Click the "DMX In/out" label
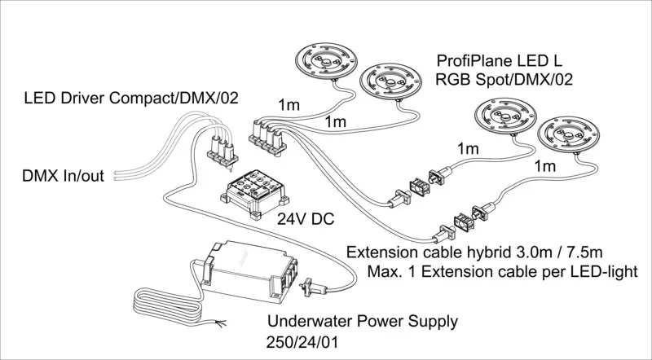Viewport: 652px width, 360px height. pyautogui.click(x=63, y=176)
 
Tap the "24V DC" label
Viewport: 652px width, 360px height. pyautogui.click(x=306, y=218)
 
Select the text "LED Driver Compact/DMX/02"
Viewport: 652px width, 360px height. pyautogui.click(x=131, y=98)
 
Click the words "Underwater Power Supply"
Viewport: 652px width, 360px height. pyautogui.click(x=362, y=322)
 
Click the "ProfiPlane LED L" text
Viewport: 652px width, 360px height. pyautogui.click(x=499, y=61)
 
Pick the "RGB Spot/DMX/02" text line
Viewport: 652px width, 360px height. pyautogui.click(x=504, y=79)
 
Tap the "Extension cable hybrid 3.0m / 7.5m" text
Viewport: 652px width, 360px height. pyautogui.click(x=474, y=252)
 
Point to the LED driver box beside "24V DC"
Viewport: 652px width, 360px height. pyautogui.click(x=254, y=194)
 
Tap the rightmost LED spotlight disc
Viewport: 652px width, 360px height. pyautogui.click(x=568, y=134)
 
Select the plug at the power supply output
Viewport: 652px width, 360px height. pyautogui.click(x=313, y=287)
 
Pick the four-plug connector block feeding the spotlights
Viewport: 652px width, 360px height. pyautogui.click(x=268, y=137)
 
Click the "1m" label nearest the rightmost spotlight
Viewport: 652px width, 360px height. pyautogui.click(x=544, y=166)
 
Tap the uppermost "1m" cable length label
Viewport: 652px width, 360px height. pyautogui.click(x=289, y=105)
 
